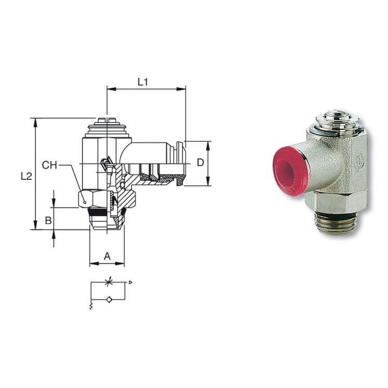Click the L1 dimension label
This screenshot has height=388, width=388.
[143, 82]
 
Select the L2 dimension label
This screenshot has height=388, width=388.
[26, 176]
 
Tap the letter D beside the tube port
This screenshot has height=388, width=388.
[200, 163]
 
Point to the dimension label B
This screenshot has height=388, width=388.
[48, 220]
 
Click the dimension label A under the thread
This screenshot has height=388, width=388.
[107, 256]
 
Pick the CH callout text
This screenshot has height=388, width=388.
[50, 165]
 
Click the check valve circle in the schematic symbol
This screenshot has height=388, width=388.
[108, 299]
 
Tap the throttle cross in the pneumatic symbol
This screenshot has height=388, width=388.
[108, 283]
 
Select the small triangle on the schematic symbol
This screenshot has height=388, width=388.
[130, 282]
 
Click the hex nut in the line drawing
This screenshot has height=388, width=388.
[88, 198]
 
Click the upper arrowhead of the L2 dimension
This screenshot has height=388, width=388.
[35, 122]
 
